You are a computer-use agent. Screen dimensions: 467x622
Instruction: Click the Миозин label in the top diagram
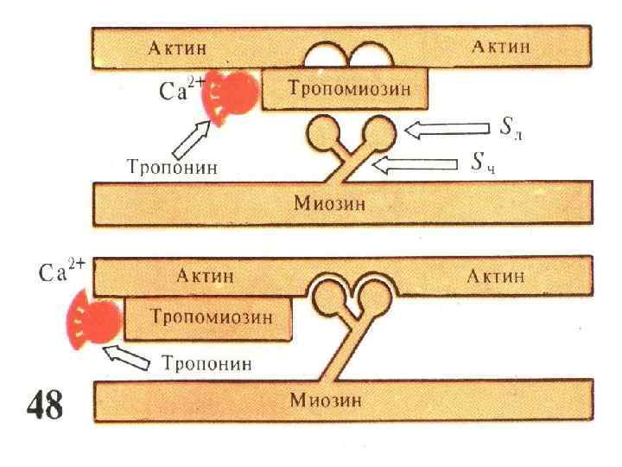click(x=329, y=203)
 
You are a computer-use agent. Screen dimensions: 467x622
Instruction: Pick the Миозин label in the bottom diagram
click(x=325, y=400)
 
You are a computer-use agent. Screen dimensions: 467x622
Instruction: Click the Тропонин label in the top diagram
click(x=172, y=168)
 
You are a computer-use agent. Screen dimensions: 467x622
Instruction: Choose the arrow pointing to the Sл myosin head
click(x=448, y=131)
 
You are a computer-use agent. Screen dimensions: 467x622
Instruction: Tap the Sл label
click(x=511, y=130)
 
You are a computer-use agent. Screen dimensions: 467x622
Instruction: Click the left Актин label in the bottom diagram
click(x=205, y=276)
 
